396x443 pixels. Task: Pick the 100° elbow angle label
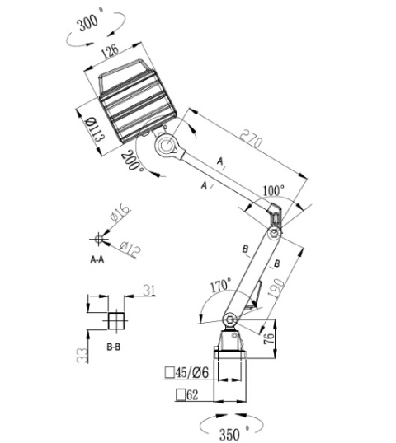pos(272,189)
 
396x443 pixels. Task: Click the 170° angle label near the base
pos(219,287)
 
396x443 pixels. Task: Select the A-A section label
pos(97,259)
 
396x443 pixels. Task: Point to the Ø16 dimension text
pos(120,218)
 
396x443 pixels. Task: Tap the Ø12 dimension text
pos(129,245)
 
